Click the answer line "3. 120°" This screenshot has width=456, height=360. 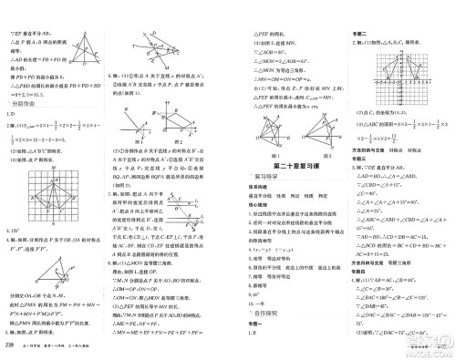coord(17,234)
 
